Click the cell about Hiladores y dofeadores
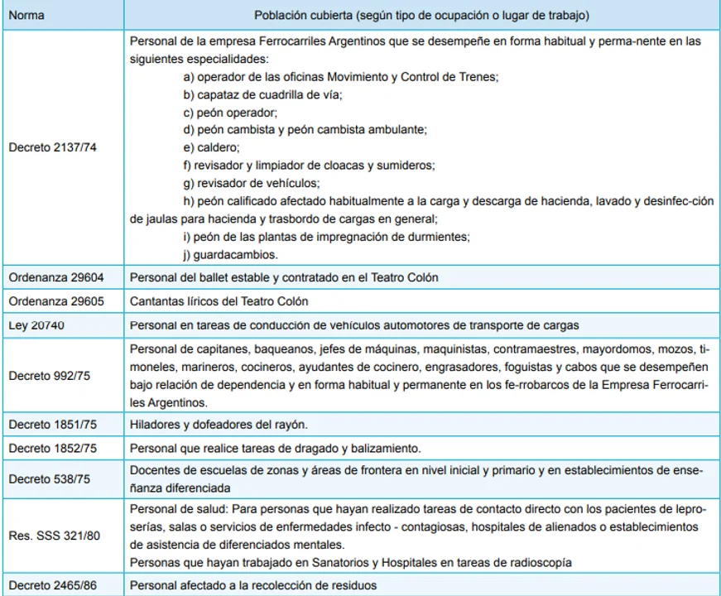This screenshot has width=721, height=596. tap(218, 425)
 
